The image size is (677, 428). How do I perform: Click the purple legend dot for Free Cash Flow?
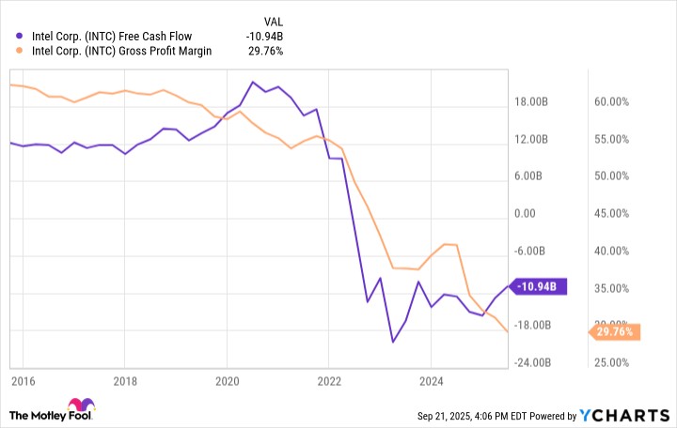[21, 37]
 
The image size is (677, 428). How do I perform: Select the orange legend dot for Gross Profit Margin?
[21, 51]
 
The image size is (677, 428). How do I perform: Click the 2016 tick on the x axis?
[24, 381]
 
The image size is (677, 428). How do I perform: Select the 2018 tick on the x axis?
[125, 381]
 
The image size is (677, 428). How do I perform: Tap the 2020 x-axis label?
[227, 381]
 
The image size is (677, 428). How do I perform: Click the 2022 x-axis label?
[328, 381]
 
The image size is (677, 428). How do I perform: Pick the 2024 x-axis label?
[430, 381]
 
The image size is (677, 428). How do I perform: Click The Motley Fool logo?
[53, 413]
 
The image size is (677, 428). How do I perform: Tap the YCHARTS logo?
[629, 414]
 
